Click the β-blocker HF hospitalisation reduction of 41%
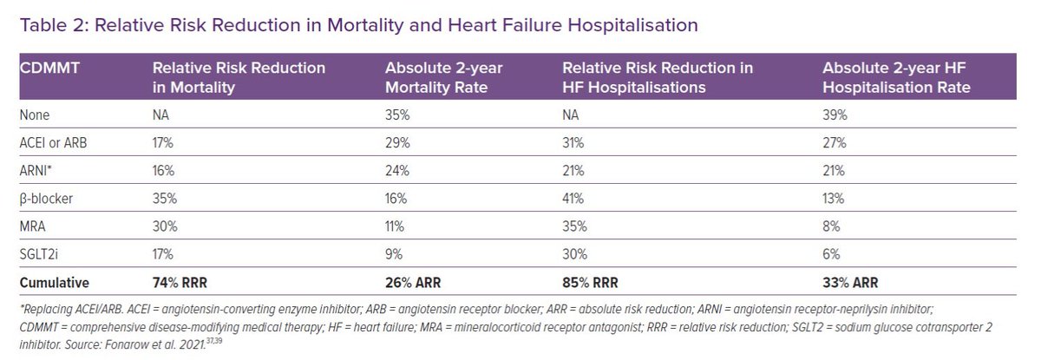click(573, 199)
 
